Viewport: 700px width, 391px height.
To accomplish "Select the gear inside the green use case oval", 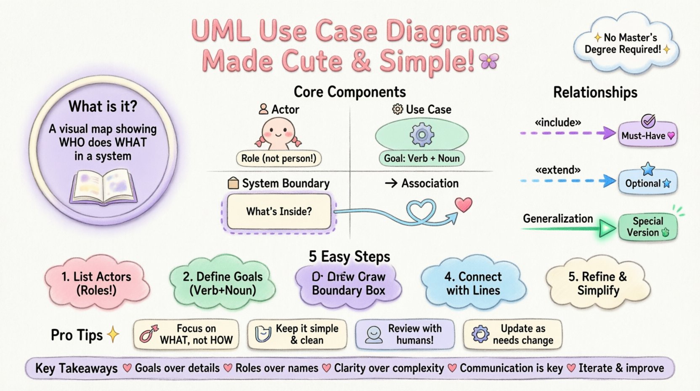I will [x=422, y=135].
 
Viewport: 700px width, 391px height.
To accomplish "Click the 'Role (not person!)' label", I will [x=278, y=158].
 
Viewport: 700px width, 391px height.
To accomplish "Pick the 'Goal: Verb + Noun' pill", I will [x=422, y=158].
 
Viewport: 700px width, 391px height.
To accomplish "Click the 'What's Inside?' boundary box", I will [x=279, y=211].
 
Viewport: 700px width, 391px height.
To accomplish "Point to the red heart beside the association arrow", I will [x=464, y=205].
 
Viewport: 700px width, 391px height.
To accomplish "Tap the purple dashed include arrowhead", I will [x=608, y=133].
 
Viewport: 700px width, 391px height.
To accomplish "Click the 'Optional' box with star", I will [x=647, y=183].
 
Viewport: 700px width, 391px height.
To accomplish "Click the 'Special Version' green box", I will [x=647, y=227].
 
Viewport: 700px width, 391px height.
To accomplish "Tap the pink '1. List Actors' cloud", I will [x=96, y=283].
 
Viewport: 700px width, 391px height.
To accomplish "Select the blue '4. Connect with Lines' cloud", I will [x=473, y=283].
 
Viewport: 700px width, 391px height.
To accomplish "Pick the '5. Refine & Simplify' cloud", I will [x=598, y=283].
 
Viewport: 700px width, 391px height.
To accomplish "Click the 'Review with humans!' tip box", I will [x=405, y=335].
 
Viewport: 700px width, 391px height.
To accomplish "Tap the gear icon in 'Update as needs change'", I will [x=480, y=335].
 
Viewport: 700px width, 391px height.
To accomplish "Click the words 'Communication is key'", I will [x=511, y=368].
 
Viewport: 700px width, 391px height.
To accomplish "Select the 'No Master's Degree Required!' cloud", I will [x=625, y=44].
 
